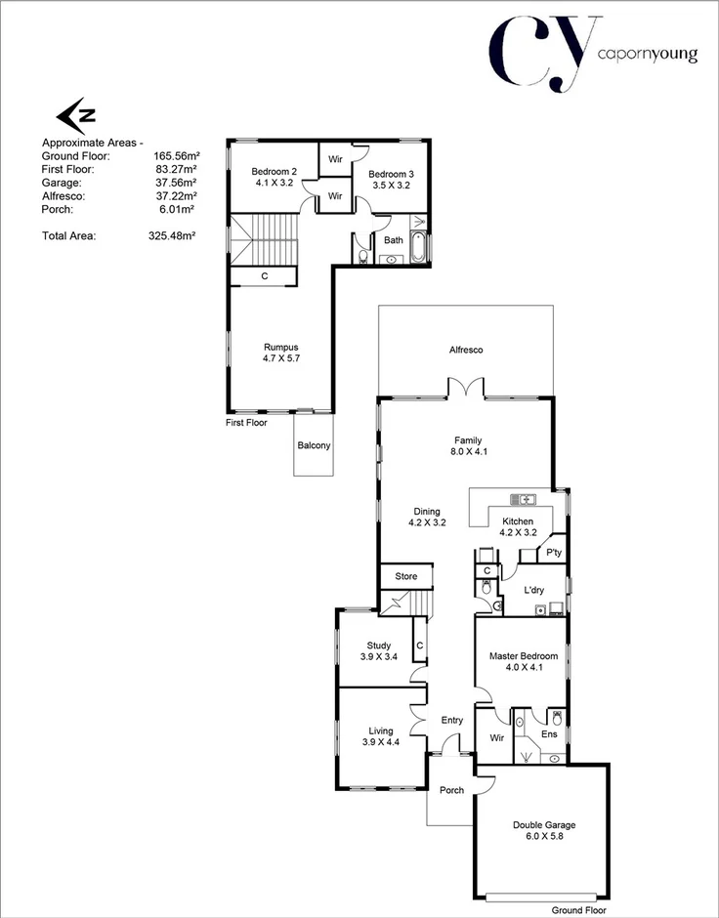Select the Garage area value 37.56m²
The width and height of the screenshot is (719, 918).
click(175, 182)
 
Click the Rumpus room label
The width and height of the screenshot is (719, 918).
click(280, 347)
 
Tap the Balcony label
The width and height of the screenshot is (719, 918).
click(315, 446)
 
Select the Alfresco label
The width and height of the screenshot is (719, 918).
click(466, 350)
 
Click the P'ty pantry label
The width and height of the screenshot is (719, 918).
click(554, 554)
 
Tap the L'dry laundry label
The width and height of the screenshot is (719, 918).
click(533, 591)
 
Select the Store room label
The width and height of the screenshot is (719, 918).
click(405, 577)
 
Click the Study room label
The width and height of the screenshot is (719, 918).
click(379, 646)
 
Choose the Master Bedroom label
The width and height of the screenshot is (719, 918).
click(524, 656)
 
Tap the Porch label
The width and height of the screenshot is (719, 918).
click(451, 790)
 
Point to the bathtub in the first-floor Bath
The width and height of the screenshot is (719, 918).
click(419, 248)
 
